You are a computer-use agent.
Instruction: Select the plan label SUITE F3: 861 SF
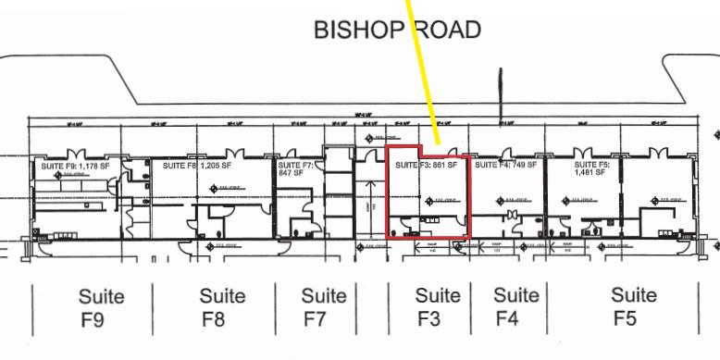427,166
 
